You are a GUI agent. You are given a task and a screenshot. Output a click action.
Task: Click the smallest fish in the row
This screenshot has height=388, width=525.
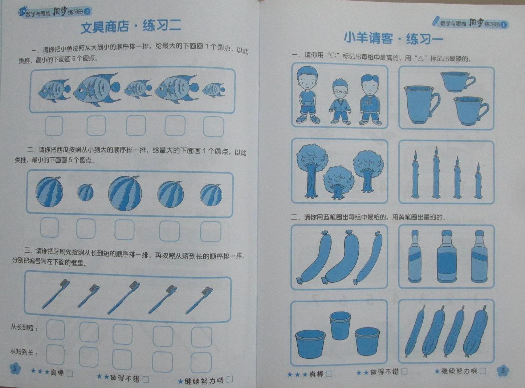click(x=214, y=90)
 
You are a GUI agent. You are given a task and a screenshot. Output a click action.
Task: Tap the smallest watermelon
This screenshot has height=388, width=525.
click(x=85, y=193)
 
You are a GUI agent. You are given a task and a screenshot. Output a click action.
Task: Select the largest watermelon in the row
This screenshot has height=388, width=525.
click(x=125, y=193)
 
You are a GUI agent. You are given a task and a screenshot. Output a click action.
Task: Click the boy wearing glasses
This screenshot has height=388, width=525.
click(x=340, y=101)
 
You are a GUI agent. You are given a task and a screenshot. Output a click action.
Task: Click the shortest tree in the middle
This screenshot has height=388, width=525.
click(x=339, y=182)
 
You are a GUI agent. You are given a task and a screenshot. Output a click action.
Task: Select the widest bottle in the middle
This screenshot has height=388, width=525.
click(x=447, y=256)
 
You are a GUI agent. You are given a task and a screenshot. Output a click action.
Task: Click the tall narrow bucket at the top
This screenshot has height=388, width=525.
click(x=340, y=325)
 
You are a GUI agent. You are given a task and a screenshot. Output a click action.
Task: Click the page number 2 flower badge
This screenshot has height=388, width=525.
click(x=15, y=369)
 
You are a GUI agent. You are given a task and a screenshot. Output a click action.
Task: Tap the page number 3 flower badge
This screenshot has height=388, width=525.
click(x=503, y=371)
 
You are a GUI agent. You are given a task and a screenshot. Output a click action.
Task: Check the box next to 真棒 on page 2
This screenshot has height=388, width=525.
click(x=70, y=374)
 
